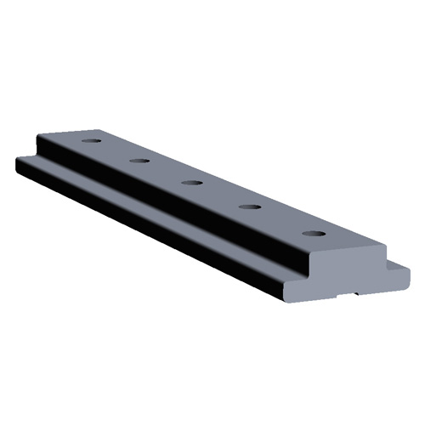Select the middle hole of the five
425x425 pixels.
192,182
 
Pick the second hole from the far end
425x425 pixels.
139,160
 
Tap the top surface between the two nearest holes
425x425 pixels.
280,219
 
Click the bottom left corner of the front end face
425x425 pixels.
293,298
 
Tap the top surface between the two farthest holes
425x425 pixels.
116,150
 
